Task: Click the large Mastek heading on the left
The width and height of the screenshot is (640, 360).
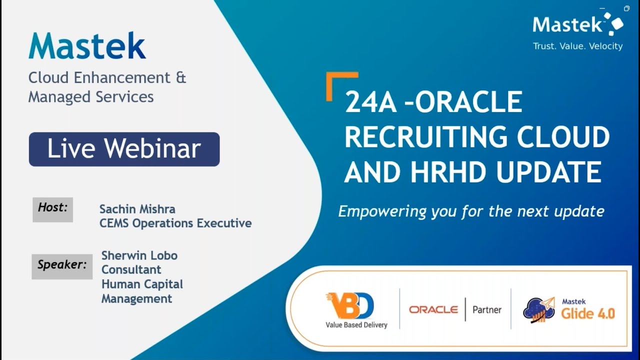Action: [87, 46]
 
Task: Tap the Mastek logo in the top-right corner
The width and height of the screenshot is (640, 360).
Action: [577, 24]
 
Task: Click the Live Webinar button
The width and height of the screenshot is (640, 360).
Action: [124, 149]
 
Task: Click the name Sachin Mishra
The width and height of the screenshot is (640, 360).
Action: [137, 209]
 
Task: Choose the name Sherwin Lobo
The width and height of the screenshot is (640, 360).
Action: [139, 255]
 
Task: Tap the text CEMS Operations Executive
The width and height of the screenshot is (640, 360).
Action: [175, 223]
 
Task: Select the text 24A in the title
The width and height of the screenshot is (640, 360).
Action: [369, 103]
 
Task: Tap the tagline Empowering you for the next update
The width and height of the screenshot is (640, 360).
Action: [471, 211]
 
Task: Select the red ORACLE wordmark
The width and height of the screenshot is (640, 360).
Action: [433, 309]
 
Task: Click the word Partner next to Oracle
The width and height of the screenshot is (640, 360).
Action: [486, 310]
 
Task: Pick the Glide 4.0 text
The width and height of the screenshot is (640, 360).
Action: [587, 313]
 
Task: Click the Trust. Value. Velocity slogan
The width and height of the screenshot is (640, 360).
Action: [577, 46]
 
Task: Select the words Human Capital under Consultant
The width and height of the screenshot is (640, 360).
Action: [142, 284]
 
